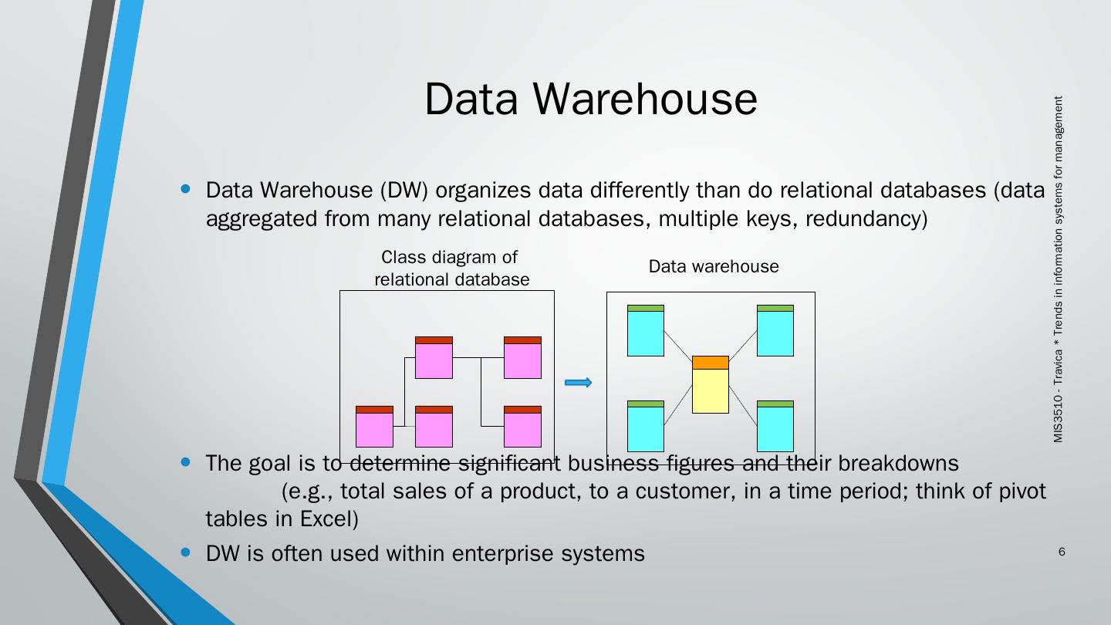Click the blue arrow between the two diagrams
pos(579,383)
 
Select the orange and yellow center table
pos(711,384)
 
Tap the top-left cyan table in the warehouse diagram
pos(646,330)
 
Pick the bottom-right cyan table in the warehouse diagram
pos(775,426)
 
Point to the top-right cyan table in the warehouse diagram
pos(775,330)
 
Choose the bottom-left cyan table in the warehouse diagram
pos(646,426)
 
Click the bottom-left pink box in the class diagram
pos(374,427)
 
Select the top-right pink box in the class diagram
pos(522,358)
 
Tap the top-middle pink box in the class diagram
pos(434,358)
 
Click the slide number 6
pos(1062,552)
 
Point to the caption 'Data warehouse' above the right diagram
pos(714,266)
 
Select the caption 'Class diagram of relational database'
pos(451,268)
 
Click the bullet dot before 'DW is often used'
pos(184,552)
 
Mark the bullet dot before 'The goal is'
pos(184,462)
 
